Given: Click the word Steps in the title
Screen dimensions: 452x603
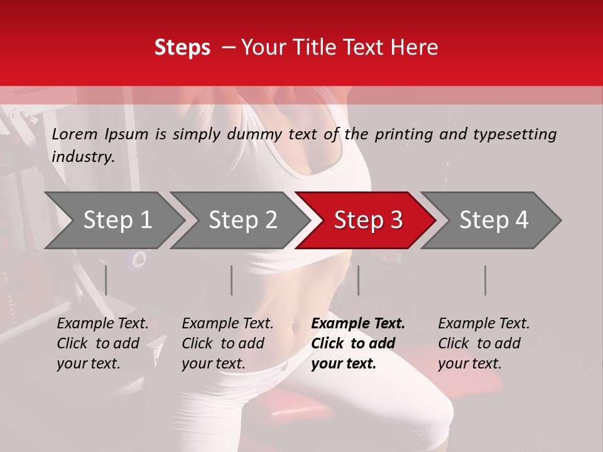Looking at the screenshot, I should (182, 48).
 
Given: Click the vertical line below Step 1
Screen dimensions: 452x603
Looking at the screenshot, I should (106, 280).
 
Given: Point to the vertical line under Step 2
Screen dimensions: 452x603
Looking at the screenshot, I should (232, 280).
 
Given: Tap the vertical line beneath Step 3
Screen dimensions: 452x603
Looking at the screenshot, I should (359, 280).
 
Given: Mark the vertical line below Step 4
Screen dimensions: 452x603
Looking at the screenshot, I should (486, 280).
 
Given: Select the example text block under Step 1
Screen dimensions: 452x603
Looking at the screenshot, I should (102, 343).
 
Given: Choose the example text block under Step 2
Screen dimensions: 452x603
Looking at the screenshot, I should (227, 343).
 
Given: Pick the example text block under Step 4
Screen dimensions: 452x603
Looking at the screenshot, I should (484, 343).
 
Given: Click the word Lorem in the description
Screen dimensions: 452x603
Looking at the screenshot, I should (75, 134).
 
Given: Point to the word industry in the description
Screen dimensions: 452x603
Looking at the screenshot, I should (82, 157).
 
